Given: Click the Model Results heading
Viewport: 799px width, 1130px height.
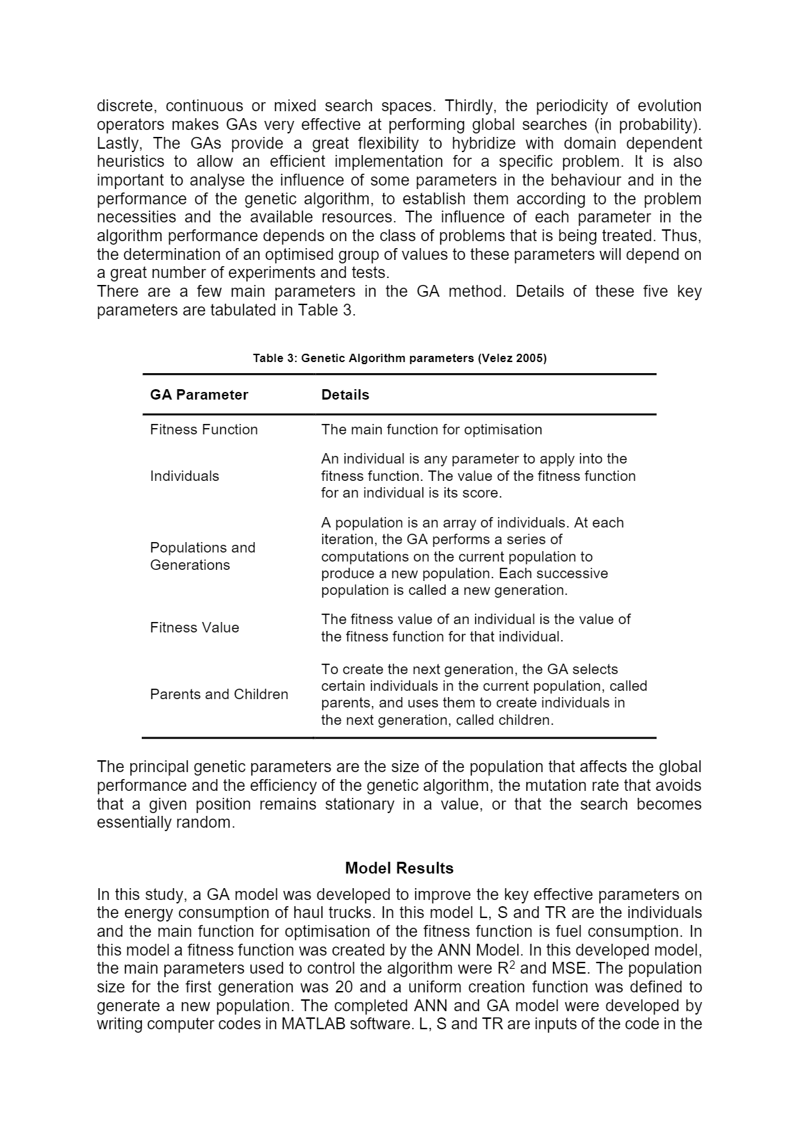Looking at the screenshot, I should tap(399, 868).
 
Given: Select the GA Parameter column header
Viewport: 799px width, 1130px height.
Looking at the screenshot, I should tap(199, 395).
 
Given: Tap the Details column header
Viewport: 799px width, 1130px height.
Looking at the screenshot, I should tap(345, 395).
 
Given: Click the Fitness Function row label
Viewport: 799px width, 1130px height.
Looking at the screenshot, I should tap(204, 429).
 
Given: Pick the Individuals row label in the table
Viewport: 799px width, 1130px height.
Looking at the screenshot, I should tap(184, 476).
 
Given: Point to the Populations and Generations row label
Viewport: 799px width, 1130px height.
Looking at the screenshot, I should tap(202, 556).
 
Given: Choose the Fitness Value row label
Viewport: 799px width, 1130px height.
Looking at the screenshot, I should tap(195, 628).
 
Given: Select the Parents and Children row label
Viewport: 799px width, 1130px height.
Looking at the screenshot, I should tap(219, 694).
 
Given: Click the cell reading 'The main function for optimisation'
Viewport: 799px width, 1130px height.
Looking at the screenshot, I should tap(431, 429).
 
